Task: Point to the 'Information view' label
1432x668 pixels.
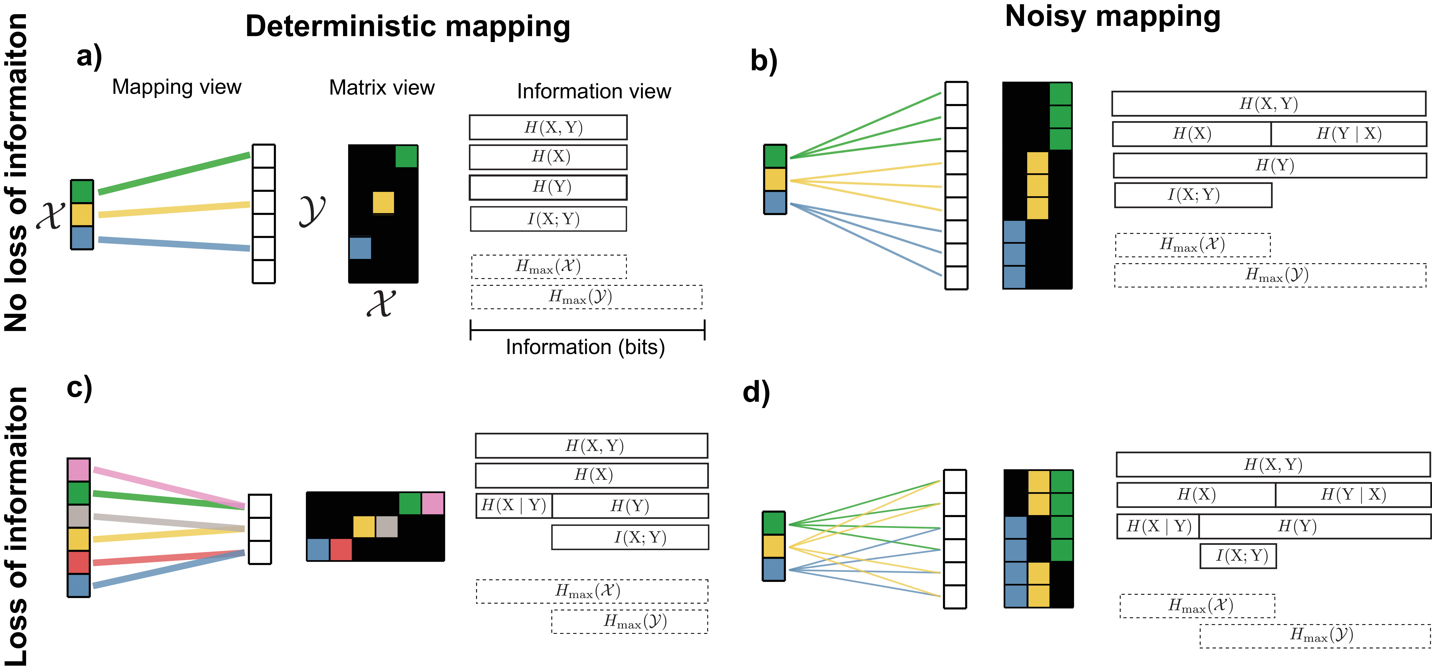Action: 594,91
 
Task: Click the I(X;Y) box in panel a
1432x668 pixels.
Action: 548,219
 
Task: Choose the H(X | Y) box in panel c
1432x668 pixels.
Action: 514,506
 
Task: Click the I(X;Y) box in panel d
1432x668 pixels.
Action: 1238,556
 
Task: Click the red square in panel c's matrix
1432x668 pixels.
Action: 341,549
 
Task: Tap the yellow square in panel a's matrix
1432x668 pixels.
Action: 383,202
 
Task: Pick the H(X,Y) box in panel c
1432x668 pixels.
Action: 591,446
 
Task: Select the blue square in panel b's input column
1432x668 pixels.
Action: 775,202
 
